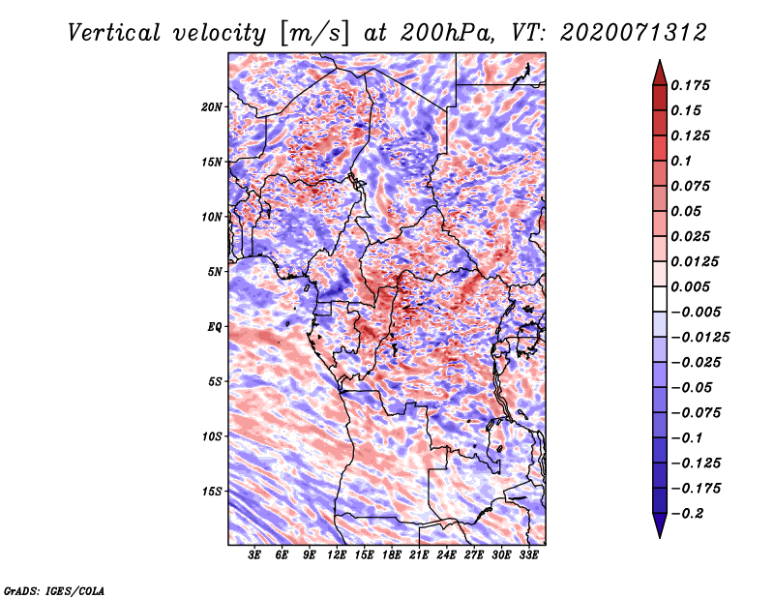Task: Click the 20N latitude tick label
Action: click(211, 107)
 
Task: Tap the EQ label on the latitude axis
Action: click(214, 327)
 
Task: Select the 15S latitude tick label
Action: click(211, 492)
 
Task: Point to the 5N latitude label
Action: click(214, 272)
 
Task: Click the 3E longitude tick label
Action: click(254, 555)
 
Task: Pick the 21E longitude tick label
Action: click(419, 555)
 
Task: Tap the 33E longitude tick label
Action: click(528, 555)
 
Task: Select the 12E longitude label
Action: click(336, 555)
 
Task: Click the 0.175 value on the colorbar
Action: click(691, 85)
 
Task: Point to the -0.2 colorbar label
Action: click(687, 514)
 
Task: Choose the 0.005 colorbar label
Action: click(691, 286)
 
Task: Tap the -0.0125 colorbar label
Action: click(700, 338)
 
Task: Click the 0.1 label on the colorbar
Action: click(681, 161)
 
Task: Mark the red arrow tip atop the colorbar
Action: click(660, 61)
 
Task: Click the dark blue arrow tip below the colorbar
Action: click(660, 536)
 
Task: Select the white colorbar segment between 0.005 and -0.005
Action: click(660, 299)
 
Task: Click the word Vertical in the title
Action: click(114, 33)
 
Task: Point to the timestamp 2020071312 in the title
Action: click(634, 33)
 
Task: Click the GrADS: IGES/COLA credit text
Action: click(54, 590)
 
